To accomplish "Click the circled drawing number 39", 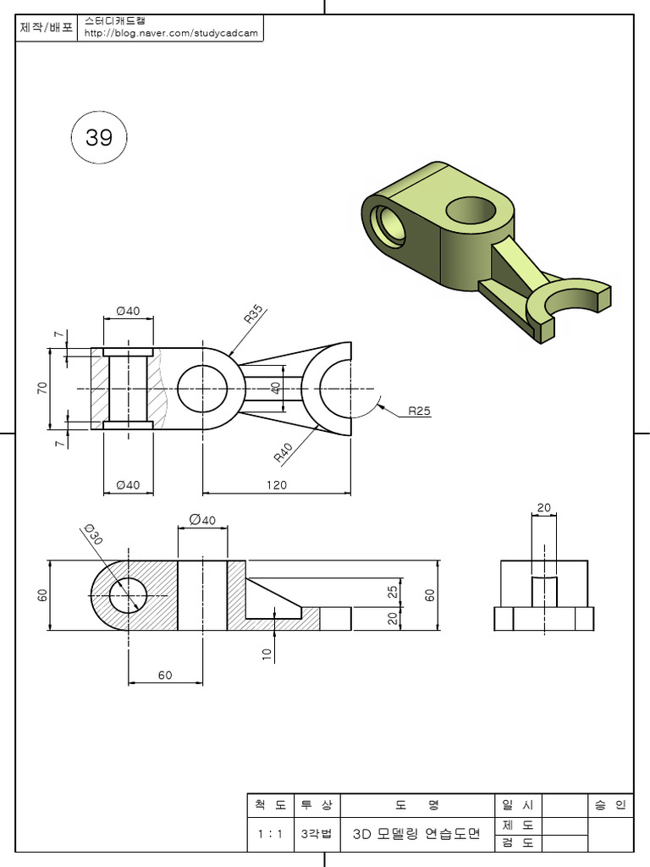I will tap(99, 137).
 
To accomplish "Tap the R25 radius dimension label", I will tap(419, 411).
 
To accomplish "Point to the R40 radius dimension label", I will tap(284, 452).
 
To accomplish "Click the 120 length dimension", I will tap(276, 485).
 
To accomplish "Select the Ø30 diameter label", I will tap(92, 535).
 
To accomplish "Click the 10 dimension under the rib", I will tap(267, 654).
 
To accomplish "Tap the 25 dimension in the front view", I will tap(392, 592).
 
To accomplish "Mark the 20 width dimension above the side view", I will tap(543, 508).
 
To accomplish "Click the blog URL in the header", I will tap(171, 35).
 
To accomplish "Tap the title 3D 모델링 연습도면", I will tap(416, 834).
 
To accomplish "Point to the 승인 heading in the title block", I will tap(609, 804).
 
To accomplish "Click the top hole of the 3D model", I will tap(470, 209).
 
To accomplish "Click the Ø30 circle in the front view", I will tap(129, 595).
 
